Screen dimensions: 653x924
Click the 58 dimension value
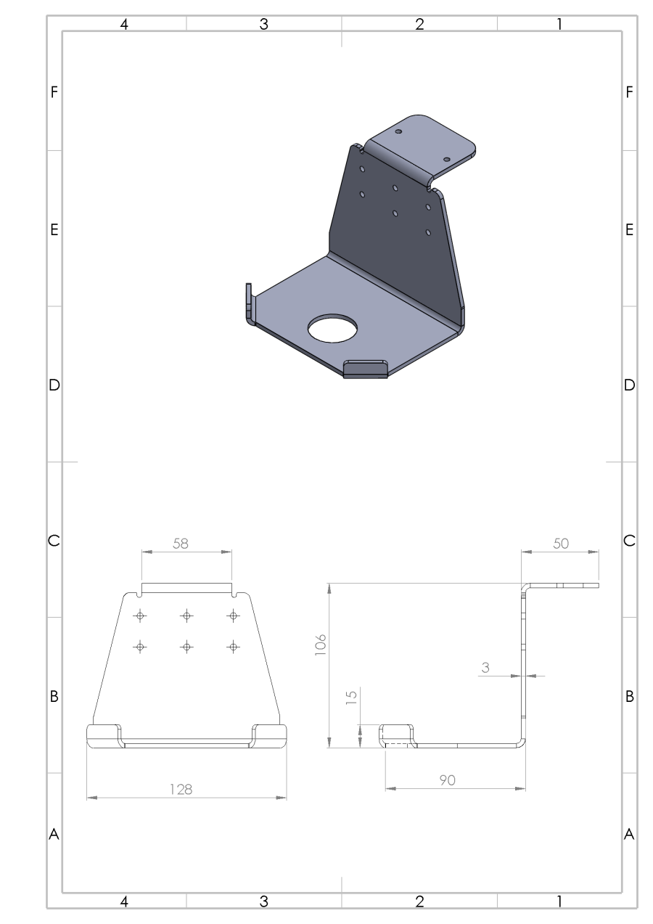point(181,544)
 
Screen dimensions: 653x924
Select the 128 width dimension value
point(181,790)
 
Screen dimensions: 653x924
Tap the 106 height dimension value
point(320,645)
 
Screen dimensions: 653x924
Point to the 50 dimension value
point(561,544)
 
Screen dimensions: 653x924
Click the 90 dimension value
point(447,780)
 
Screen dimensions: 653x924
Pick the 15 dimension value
point(351,697)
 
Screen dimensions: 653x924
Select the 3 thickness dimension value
point(485,668)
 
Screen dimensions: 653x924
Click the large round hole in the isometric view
point(332,328)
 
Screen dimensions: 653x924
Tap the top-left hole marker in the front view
point(140,616)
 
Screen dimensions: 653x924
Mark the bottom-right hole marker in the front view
point(234,647)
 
